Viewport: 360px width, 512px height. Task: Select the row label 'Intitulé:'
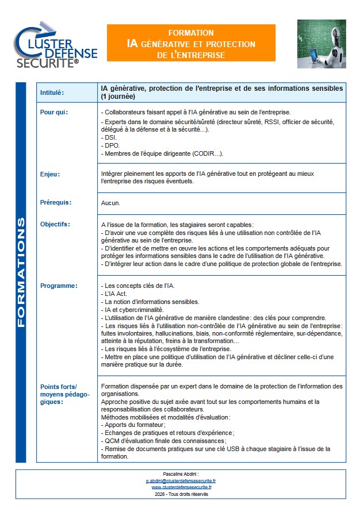(52, 93)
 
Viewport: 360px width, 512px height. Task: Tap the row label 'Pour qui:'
(54, 112)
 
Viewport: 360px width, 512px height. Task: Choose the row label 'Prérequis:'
(55, 202)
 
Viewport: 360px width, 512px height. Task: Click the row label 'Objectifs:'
(55, 224)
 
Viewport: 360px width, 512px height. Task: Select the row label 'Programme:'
(58, 286)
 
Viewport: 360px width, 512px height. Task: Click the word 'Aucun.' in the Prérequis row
(111, 203)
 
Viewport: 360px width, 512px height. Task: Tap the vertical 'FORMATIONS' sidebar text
(21, 272)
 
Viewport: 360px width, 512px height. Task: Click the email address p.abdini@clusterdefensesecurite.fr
(181, 480)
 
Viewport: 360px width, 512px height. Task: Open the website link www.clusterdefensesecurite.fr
(181, 487)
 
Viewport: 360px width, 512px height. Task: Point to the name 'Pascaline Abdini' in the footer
(180, 473)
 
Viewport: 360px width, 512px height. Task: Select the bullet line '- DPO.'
(110, 146)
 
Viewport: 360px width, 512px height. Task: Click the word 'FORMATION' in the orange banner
(191, 33)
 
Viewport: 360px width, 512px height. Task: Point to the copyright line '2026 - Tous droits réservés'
(181, 494)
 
